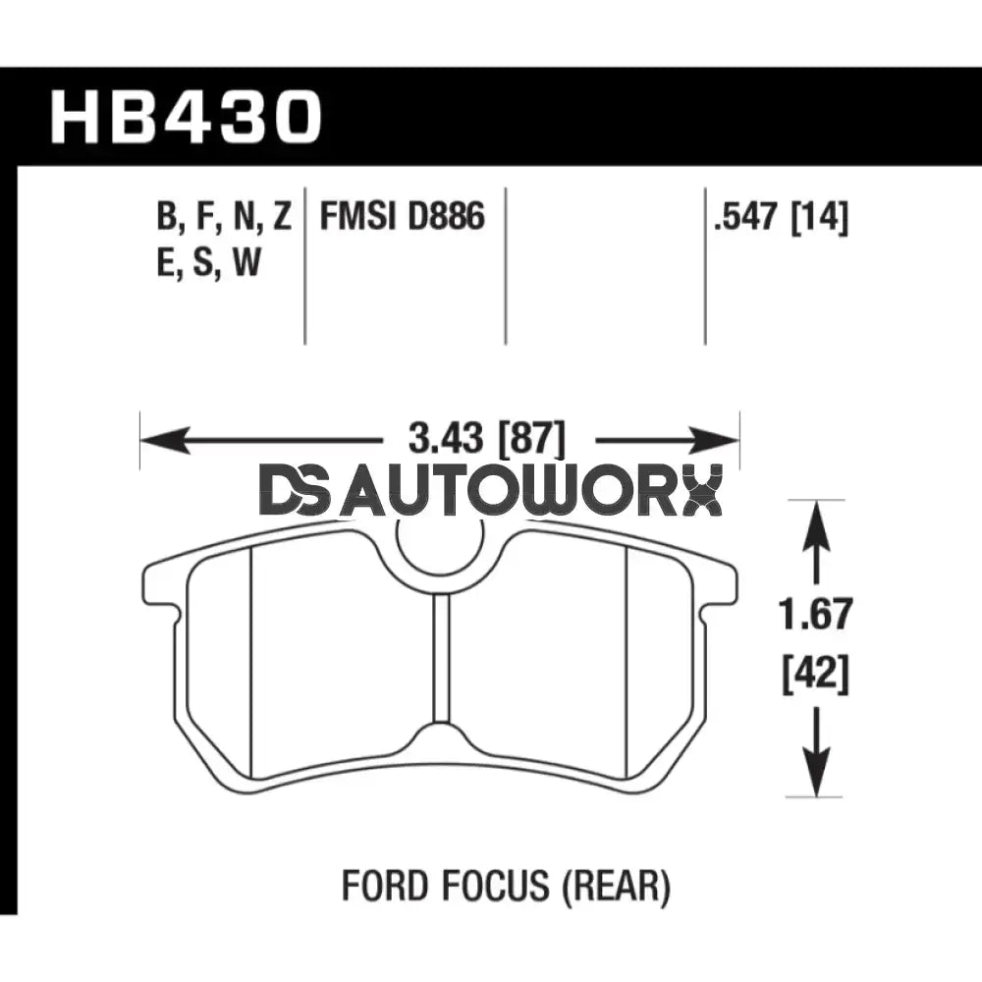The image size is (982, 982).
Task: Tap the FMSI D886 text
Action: pos(403,216)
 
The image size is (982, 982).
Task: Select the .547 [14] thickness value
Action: pos(782,216)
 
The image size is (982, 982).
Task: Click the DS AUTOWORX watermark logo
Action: pos(491,491)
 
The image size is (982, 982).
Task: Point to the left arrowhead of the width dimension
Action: pos(151,438)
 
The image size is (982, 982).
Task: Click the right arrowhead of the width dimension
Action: pos(727,438)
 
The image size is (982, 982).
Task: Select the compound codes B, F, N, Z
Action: pos(223,216)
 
